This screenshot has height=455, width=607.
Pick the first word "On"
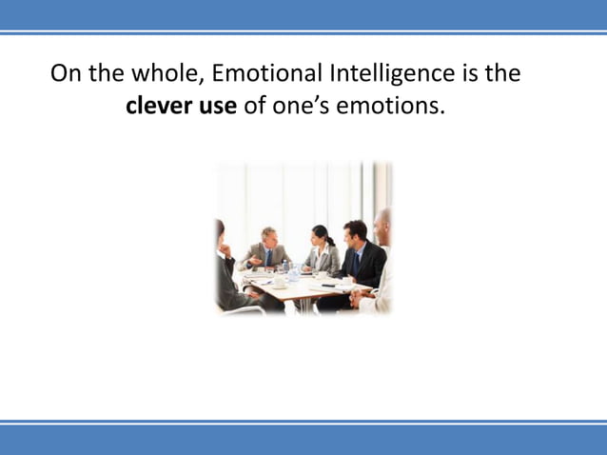pos(66,73)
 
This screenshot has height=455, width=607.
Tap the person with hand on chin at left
pos(225,267)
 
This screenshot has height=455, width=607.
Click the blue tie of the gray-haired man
pos(268,256)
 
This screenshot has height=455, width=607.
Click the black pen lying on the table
pos(328,286)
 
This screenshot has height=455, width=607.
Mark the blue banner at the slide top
pos(303,13)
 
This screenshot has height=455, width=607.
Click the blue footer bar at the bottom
pos(303,441)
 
